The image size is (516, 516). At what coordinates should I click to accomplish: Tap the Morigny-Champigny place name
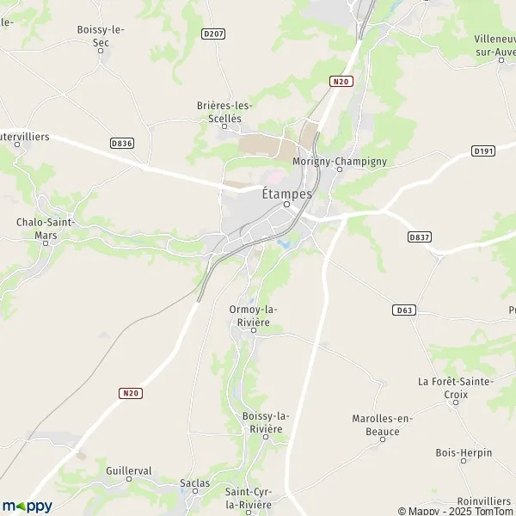tap(340, 161)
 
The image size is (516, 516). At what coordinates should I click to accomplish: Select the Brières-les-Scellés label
tap(219, 112)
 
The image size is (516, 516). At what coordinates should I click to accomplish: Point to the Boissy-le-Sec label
tap(101, 35)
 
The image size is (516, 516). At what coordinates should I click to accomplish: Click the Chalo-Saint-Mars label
tap(46, 227)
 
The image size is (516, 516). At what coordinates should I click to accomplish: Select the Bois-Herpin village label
tap(464, 452)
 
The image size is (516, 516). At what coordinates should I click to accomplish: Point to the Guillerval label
tap(128, 471)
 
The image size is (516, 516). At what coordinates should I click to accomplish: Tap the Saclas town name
tap(195, 483)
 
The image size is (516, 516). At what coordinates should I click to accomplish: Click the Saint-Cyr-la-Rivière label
tap(248, 497)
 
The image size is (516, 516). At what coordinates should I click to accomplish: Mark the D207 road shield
tap(213, 34)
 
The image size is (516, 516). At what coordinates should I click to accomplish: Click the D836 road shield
tap(122, 144)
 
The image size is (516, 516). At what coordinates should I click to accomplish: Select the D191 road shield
tap(483, 150)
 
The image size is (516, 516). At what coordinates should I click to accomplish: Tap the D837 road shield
tap(419, 236)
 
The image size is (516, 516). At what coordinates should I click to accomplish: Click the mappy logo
tap(28, 506)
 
